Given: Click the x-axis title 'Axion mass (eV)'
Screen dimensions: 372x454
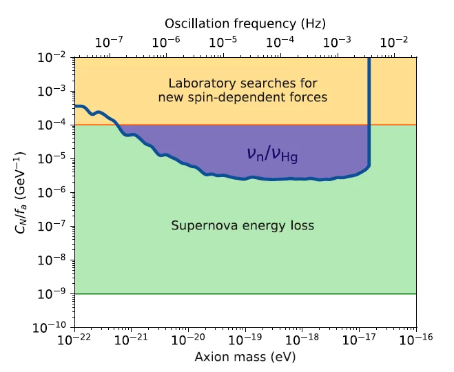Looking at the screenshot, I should click(246, 357).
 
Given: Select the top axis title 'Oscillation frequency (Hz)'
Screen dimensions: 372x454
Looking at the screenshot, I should click(245, 23).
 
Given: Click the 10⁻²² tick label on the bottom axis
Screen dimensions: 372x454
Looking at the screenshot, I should click(74, 340).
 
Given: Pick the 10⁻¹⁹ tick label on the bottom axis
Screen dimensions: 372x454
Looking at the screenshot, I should click(245, 340).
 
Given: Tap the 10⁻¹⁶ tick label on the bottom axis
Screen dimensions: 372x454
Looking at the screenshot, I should click(416, 340).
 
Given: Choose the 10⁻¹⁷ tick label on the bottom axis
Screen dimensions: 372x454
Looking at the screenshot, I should click(359, 340).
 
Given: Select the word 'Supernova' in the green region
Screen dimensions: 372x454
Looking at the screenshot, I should click(198, 225).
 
